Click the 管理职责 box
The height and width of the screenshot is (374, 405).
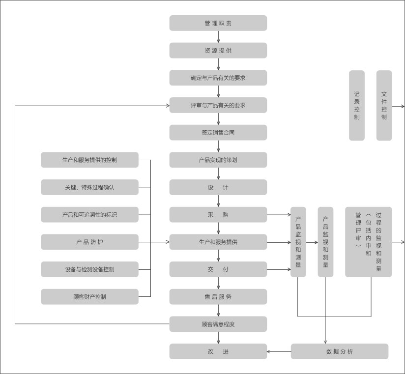tap(218, 23)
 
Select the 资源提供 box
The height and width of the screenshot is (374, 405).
tap(218, 51)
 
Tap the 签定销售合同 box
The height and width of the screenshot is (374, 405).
tap(218, 133)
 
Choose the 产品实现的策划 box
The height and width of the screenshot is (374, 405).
tap(218, 160)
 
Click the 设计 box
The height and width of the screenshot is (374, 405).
tap(218, 187)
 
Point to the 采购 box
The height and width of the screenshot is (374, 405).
tap(218, 215)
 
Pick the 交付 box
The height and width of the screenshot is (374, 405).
tap(218, 269)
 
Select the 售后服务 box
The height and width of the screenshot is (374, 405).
tap(218, 297)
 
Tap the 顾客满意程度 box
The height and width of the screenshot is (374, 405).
tap(218, 324)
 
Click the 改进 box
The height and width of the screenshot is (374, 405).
tap(218, 351)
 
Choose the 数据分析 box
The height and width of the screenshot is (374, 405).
tap(340, 351)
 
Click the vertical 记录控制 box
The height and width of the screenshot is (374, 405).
tap(357, 105)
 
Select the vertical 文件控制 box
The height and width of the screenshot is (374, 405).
tap(384, 105)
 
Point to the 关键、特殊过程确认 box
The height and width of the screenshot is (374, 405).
tap(89, 187)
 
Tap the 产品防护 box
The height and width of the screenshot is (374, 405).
tap(89, 242)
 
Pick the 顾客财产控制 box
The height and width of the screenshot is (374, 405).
tap(89, 297)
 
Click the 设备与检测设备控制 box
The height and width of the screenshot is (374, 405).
tap(89, 269)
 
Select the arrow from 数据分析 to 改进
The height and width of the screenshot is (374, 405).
tap(279, 351)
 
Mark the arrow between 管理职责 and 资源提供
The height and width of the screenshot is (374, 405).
tap(218, 37)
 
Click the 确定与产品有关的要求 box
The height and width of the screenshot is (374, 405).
tap(218, 78)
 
